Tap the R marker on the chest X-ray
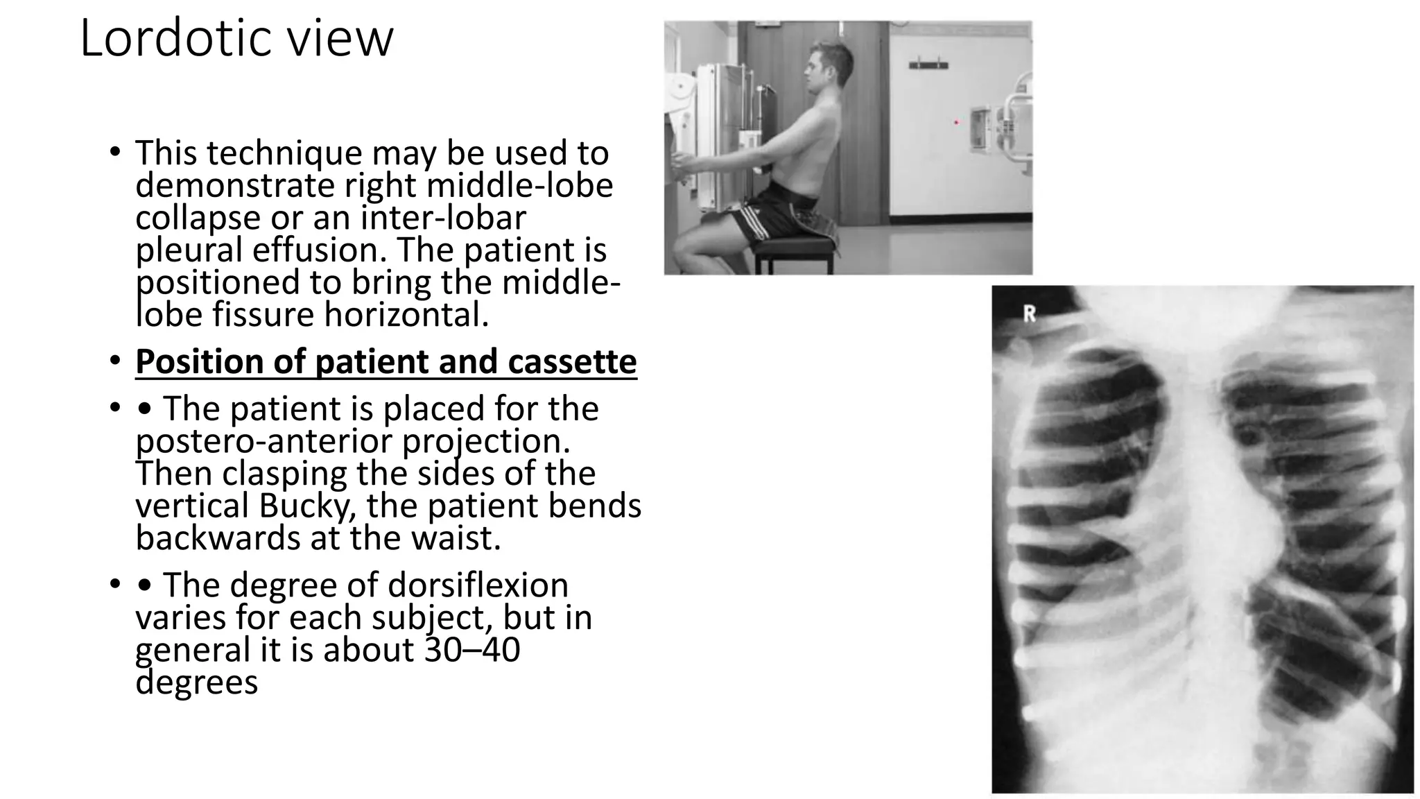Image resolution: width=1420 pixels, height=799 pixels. coord(1030,314)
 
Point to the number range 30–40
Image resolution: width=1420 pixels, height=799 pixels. coord(471,650)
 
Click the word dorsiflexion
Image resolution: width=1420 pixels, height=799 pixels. coord(478,585)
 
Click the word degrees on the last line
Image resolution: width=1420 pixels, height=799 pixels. coord(196,682)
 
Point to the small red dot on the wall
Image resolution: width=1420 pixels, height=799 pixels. coord(957,123)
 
